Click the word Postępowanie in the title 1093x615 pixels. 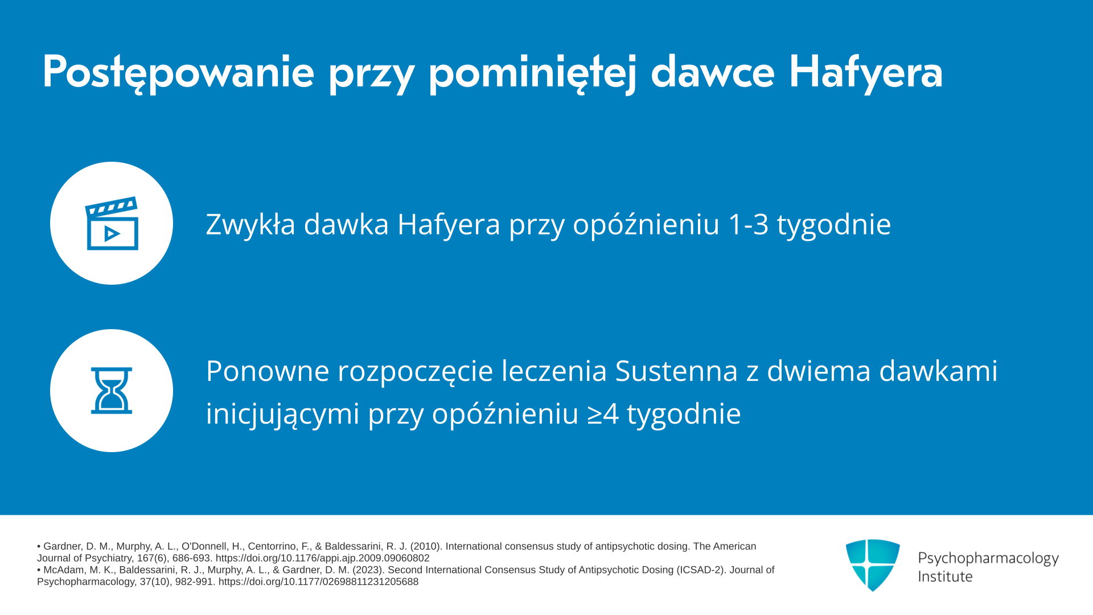coord(178,72)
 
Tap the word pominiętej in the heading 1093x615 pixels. coord(532,72)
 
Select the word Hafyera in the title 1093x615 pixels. coord(866,72)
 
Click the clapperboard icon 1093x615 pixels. coord(112,223)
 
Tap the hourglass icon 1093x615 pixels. coord(112,391)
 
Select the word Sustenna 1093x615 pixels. coord(677,371)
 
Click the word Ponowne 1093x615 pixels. coord(268,371)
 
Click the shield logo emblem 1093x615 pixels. coord(873,565)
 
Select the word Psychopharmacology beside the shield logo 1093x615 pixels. coord(988,559)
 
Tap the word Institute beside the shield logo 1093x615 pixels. coord(945,576)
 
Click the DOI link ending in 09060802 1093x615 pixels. coord(322,558)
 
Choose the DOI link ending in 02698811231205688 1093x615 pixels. coord(318,582)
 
